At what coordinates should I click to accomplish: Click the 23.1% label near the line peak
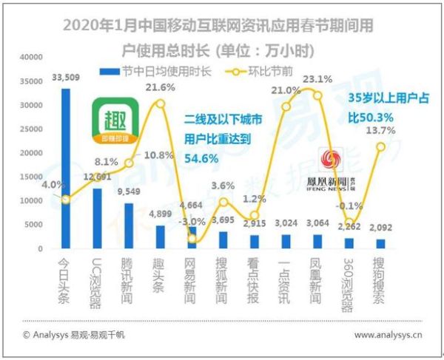[316, 79]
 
